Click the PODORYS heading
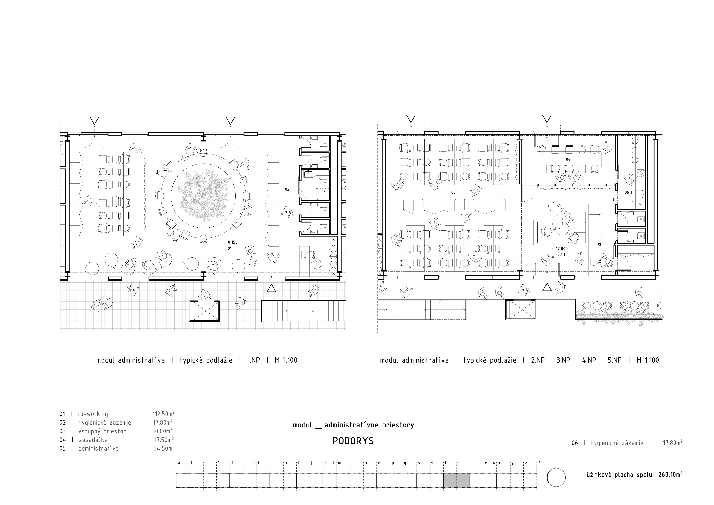coord(353,441)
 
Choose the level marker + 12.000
coord(559,249)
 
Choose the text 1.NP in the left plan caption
coord(253,360)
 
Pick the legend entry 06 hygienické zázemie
coord(607,443)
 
